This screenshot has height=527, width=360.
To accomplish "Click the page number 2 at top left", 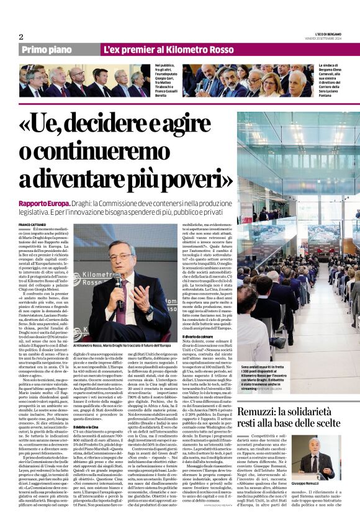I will click(x=21, y=37).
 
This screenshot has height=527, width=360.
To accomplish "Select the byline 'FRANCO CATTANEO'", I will click(x=33, y=223).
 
